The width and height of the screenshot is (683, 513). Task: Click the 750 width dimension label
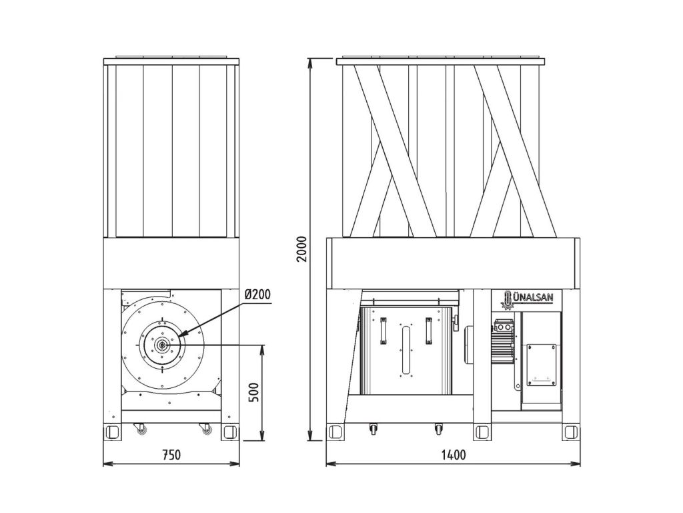click(171, 456)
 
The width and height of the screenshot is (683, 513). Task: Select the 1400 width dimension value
click(454, 456)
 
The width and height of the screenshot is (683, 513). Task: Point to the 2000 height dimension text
click(301, 249)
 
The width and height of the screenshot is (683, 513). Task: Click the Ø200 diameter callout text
click(257, 295)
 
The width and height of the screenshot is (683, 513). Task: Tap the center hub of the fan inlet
click(161, 345)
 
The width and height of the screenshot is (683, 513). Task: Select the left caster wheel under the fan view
click(141, 430)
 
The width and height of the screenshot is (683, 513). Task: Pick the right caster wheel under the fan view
click(207, 430)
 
